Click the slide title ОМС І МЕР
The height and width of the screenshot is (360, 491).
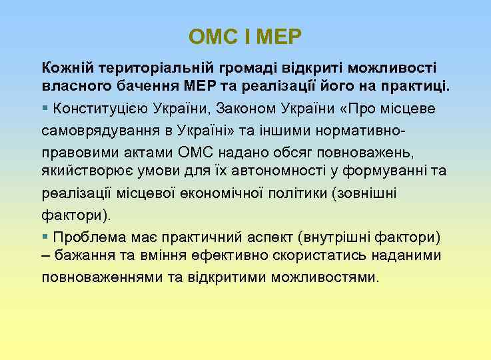click(245, 36)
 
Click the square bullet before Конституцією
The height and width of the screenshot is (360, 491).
click(45, 107)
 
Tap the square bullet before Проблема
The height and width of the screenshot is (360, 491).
click(45, 236)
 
